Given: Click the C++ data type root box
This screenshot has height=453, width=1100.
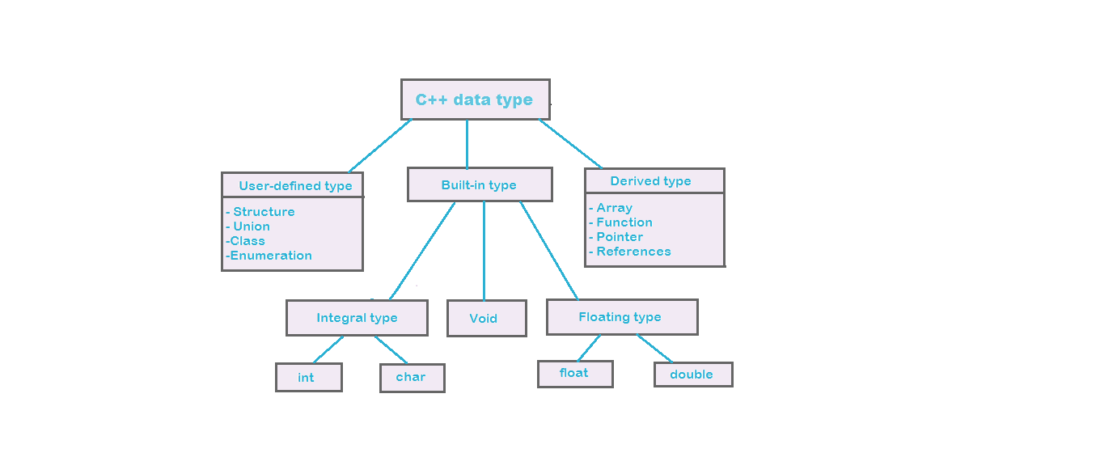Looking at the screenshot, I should pyautogui.click(x=475, y=99).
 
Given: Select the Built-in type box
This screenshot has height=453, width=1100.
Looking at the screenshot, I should pyautogui.click(x=480, y=184).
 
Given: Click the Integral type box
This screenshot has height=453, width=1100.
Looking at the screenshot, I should pyautogui.click(x=357, y=318).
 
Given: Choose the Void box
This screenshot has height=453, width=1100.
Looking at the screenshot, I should pyautogui.click(x=486, y=318).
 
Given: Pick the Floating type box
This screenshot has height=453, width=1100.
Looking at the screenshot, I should pyautogui.click(x=621, y=317).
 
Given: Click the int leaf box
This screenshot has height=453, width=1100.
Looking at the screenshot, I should pyautogui.click(x=308, y=377).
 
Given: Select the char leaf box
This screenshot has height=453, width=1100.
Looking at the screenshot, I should pyautogui.click(x=412, y=377).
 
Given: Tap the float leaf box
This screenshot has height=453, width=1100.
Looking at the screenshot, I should pyautogui.click(x=574, y=373).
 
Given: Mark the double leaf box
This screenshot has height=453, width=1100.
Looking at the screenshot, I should pyautogui.click(x=692, y=374).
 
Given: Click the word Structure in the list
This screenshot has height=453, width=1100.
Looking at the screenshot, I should pyautogui.click(x=264, y=212).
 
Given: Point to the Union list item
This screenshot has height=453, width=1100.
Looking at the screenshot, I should pyautogui.click(x=252, y=226).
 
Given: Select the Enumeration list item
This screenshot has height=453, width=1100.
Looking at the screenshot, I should pyautogui.click(x=271, y=256).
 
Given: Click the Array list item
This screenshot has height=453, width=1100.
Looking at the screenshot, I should pyautogui.click(x=614, y=208).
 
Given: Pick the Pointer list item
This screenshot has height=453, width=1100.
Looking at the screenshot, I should pyautogui.click(x=620, y=237).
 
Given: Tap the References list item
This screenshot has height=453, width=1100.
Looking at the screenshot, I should pyautogui.click(x=633, y=252).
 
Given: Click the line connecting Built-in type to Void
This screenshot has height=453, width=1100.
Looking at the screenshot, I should pyautogui.click(x=484, y=251).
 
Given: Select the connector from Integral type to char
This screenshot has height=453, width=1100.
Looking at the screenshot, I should pyautogui.click(x=391, y=349).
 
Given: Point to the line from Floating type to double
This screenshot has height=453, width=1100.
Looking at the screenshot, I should pyautogui.click(x=655, y=348).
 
